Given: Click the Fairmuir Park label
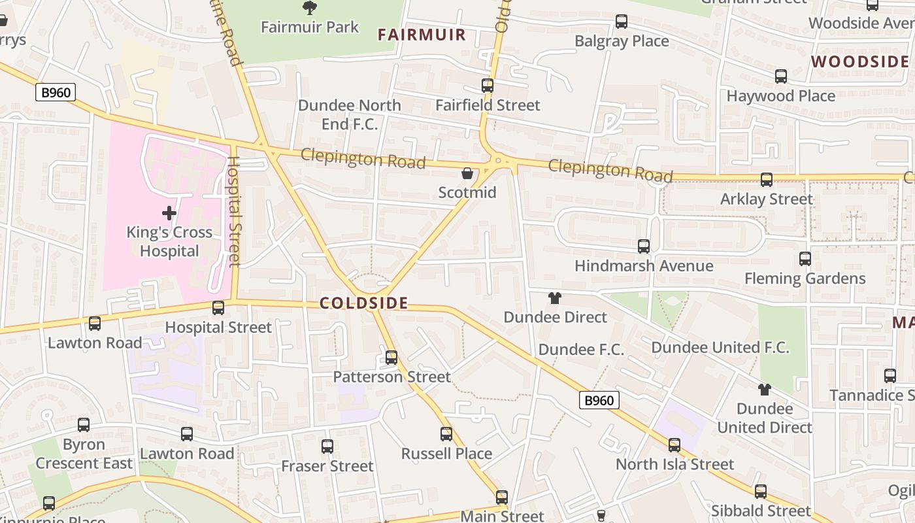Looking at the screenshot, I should (310, 27).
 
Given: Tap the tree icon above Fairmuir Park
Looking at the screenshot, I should (310, 7).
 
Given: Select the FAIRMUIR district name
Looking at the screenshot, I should (422, 35).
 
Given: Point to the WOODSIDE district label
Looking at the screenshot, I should (859, 61).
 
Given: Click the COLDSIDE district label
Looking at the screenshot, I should (363, 303).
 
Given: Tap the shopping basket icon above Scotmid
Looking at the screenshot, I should (467, 173).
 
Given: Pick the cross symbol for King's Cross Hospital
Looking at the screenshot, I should (169, 213).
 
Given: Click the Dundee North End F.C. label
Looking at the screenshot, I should (350, 114).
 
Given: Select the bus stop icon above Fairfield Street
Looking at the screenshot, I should (488, 86).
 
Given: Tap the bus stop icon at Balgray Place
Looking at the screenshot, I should (622, 22).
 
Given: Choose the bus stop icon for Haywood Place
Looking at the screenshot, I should (781, 76).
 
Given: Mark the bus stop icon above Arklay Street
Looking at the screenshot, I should (767, 180).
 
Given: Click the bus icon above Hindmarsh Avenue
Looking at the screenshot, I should (644, 246).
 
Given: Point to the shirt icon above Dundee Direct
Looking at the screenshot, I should (555, 298).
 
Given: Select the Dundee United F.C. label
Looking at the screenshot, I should (720, 347).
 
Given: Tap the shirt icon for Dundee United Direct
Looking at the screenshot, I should (765, 390).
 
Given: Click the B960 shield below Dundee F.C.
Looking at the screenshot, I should (599, 400).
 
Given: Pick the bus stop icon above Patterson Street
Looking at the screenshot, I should (391, 358).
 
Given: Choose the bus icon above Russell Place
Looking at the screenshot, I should (446, 434).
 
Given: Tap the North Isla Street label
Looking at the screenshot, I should (675, 464).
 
